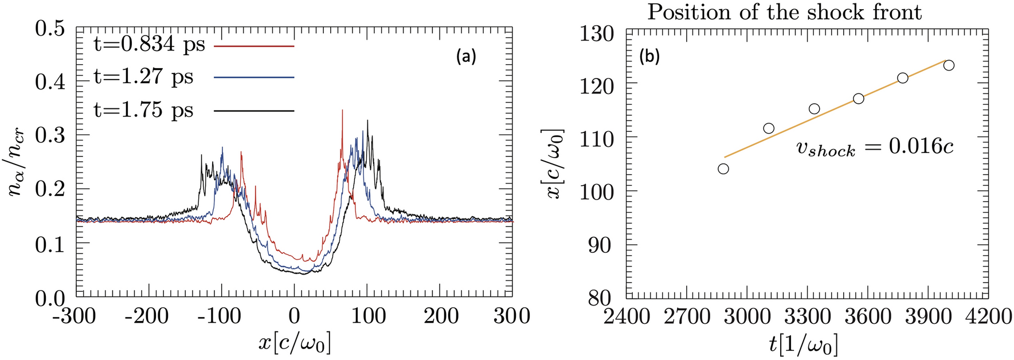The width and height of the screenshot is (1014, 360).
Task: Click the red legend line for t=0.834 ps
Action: pyautogui.click(x=254, y=45)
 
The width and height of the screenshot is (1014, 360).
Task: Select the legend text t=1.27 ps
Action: pyautogui.click(x=143, y=77)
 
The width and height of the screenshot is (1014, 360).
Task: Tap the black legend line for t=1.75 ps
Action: pyautogui.click(x=254, y=110)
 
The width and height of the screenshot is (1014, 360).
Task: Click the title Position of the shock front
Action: pyautogui.click(x=784, y=12)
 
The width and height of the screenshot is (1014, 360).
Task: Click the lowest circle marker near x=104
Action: pyautogui.click(x=723, y=169)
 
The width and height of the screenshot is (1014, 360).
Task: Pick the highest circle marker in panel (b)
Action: pyautogui.click(x=949, y=65)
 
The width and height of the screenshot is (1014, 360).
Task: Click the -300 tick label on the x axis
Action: pyautogui.click(x=76, y=316)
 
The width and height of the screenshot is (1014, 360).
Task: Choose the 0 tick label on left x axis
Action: pyautogui.click(x=294, y=316)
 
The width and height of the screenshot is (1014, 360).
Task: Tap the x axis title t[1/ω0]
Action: pyautogui.click(x=805, y=345)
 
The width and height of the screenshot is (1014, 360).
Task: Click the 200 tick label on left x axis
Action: pyautogui.click(x=440, y=316)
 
